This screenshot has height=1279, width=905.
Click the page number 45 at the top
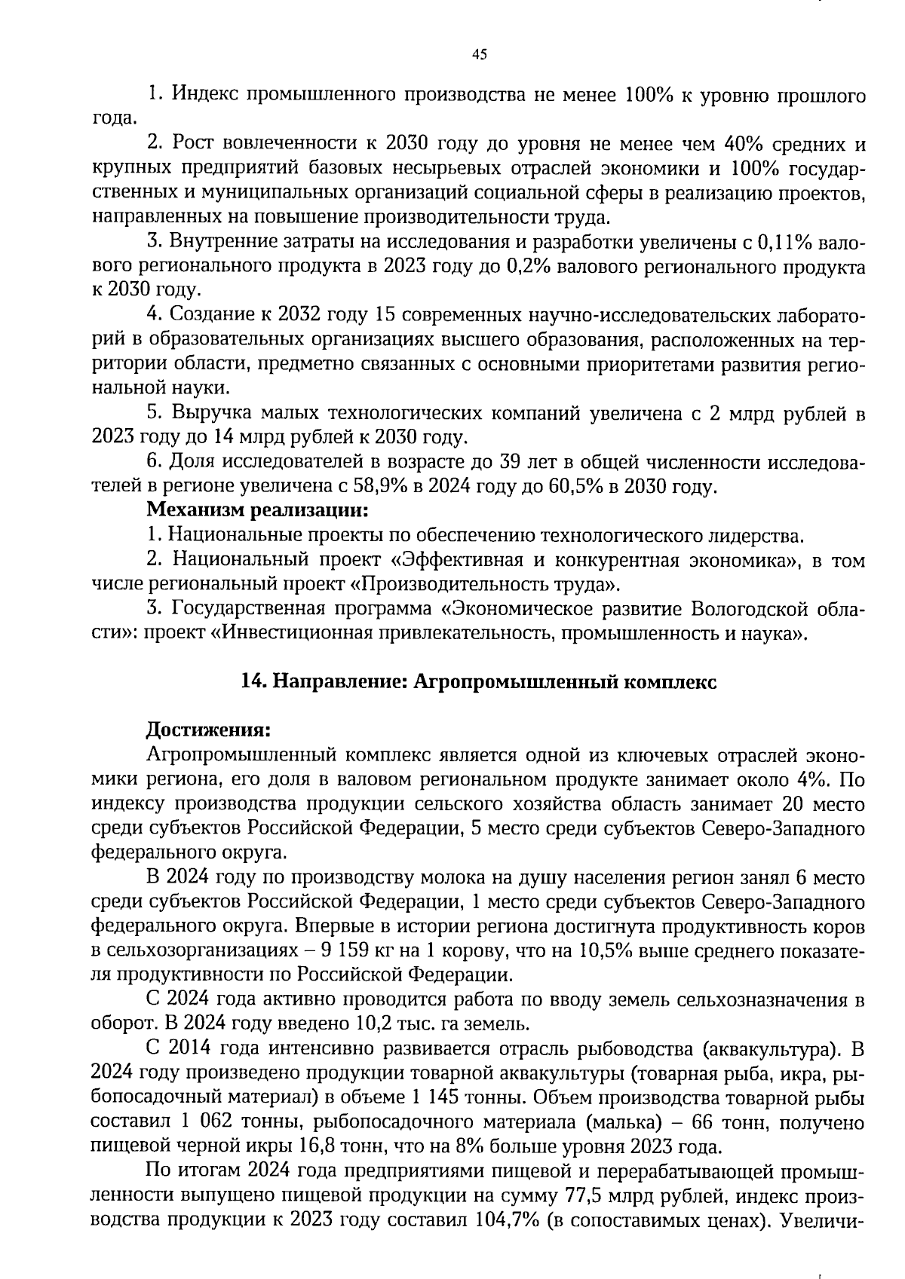pos(479,54)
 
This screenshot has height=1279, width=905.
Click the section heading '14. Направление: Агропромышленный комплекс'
pos(478,681)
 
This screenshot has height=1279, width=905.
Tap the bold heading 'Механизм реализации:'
pos(257,510)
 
